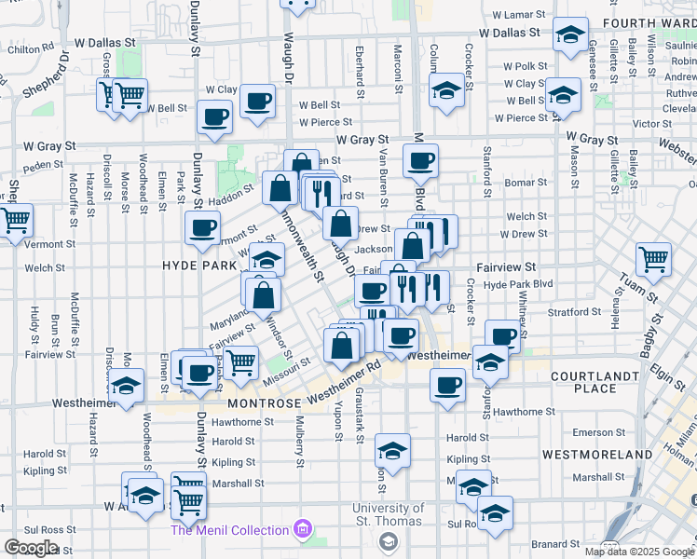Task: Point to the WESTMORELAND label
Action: point(597,454)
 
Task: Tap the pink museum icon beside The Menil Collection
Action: point(301,530)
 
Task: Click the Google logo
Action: point(31,548)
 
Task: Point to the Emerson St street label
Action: point(593,432)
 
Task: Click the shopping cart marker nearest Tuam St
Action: point(653,260)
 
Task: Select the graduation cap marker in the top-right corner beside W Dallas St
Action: point(569,34)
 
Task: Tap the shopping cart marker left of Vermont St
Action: point(15,222)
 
